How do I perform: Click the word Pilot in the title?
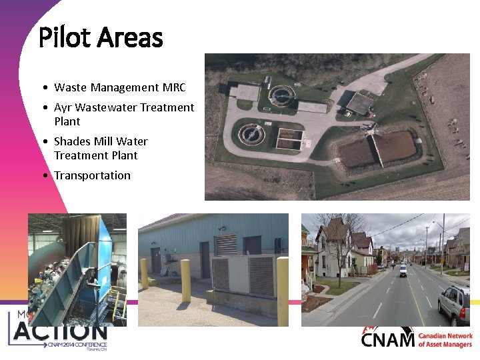click(65, 37)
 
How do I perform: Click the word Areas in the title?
click(130, 37)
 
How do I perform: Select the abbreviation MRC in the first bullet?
click(173, 87)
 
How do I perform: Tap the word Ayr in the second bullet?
click(63, 107)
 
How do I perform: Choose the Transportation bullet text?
click(92, 175)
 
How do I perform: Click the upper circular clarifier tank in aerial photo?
click(281, 95)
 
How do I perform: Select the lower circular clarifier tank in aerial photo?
click(251, 132)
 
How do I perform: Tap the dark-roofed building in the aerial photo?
click(359, 103)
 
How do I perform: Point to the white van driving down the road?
click(403, 270)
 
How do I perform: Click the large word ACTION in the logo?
click(60, 331)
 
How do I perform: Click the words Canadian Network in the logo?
click(445, 337)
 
